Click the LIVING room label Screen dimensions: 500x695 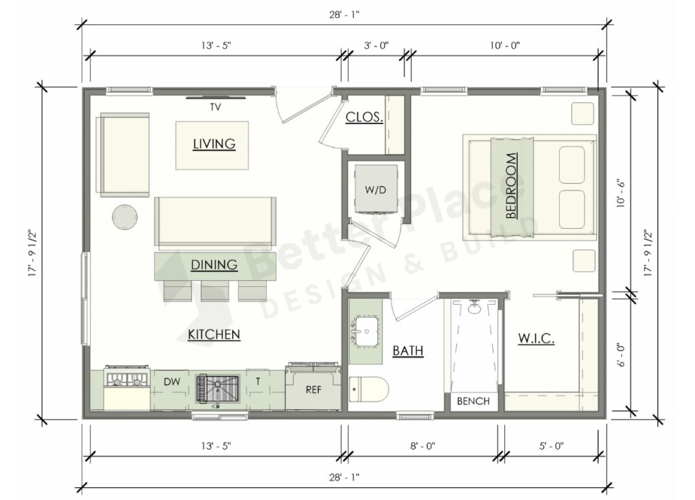(214, 144)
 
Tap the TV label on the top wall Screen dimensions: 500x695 (215, 107)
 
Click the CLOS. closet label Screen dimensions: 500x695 (364, 117)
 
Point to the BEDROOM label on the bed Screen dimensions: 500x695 (511, 186)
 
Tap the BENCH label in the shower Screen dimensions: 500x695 (473, 401)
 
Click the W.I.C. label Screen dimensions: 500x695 (536, 338)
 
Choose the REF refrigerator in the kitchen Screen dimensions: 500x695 (313, 389)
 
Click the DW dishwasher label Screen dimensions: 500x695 (172, 383)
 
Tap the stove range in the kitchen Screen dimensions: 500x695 (127, 388)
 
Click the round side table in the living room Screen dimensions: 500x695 (125, 217)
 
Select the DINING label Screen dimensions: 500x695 (214, 265)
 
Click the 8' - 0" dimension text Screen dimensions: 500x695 (421, 446)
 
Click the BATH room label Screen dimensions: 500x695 (408, 351)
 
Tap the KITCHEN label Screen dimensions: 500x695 (214, 334)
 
